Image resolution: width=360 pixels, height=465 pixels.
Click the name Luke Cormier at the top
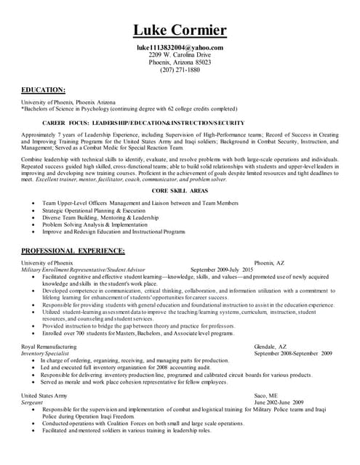(x=180, y=31)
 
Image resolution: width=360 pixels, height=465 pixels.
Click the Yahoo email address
(x=180, y=47)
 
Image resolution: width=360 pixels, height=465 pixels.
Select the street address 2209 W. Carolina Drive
(x=180, y=54)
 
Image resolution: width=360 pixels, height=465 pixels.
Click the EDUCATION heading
(x=44, y=89)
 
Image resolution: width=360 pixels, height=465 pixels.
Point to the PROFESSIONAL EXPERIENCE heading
(x=73, y=251)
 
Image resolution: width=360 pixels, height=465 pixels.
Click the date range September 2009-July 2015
(x=222, y=269)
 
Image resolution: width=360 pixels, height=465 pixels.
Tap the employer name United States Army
(x=44, y=395)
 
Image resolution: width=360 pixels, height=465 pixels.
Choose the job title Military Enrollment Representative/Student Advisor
(x=84, y=269)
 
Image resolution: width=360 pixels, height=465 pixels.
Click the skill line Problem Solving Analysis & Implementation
(x=95, y=225)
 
